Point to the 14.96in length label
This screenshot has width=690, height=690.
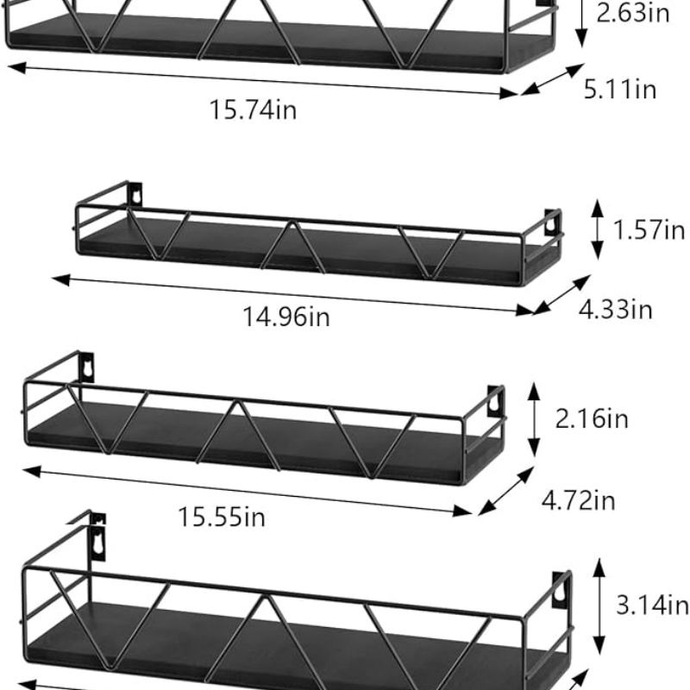click(x=286, y=317)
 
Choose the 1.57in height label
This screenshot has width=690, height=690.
click(x=649, y=230)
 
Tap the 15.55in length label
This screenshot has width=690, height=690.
click(x=222, y=517)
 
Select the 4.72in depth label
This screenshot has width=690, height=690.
click(x=579, y=500)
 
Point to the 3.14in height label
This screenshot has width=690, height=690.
click(x=652, y=605)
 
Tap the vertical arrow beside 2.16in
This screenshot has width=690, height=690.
click(x=535, y=420)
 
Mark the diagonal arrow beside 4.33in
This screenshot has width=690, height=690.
click(x=561, y=294)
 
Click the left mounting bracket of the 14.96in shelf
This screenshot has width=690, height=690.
click(x=135, y=194)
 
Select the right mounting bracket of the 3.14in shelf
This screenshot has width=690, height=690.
click(x=561, y=589)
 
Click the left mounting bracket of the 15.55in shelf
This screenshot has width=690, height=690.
click(x=86, y=366)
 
